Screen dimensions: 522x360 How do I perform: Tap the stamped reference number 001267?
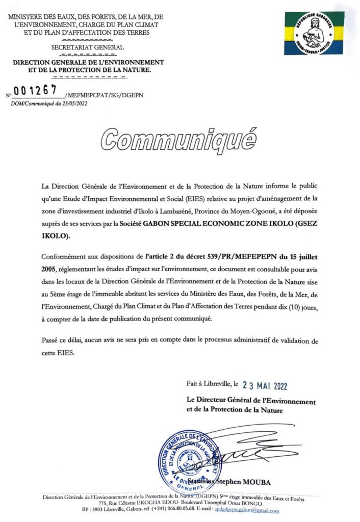(35, 90)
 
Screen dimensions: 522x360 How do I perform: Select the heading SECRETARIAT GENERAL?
(88, 47)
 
